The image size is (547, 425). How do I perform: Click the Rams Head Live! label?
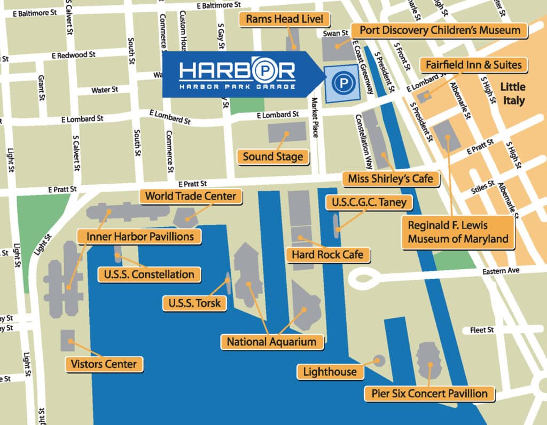[x=285, y=20]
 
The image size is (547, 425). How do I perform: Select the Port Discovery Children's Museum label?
[x=440, y=30]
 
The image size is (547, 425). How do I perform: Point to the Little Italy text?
[x=512, y=93]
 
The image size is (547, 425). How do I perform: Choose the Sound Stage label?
[x=273, y=157]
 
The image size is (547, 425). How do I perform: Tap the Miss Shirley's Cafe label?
[x=390, y=178]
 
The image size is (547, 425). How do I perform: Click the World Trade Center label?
[x=191, y=196]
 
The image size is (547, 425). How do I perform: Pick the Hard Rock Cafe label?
[x=327, y=254]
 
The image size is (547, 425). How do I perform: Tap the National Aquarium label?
[x=272, y=341]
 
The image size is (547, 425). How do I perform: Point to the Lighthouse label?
[x=330, y=371]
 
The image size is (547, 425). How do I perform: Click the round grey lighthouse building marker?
[x=379, y=360]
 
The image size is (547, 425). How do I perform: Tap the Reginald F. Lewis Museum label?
[x=458, y=232]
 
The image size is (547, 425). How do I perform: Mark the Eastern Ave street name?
[x=501, y=271]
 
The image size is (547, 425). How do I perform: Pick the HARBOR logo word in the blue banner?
[x=237, y=71]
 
